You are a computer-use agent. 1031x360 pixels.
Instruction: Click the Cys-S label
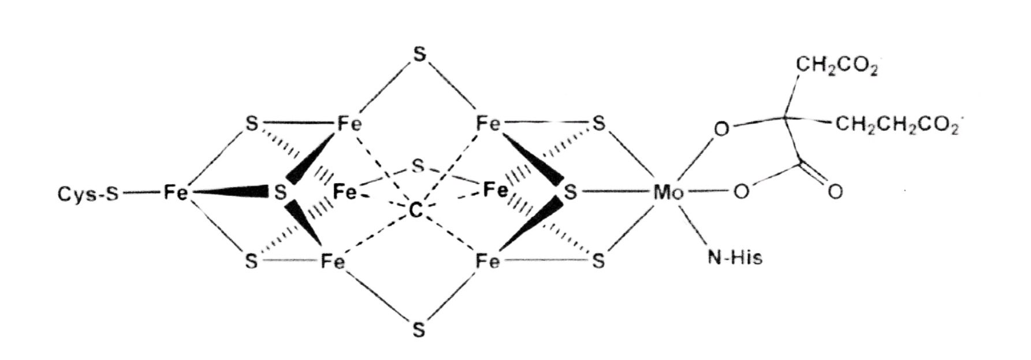[x=88, y=194]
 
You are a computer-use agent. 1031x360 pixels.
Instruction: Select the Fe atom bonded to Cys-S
[x=175, y=192]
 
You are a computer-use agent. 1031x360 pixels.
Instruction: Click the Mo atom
[x=668, y=193]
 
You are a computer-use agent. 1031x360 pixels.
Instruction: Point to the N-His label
[x=735, y=257]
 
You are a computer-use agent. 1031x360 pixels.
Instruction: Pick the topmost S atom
[x=419, y=55]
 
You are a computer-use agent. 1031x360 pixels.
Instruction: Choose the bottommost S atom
[x=419, y=331]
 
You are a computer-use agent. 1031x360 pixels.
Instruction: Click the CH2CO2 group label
[x=837, y=66]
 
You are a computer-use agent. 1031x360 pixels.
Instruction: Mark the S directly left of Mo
[x=571, y=192]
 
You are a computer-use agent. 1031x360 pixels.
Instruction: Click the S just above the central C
[x=418, y=167]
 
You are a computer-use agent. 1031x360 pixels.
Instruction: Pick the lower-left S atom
[x=251, y=262]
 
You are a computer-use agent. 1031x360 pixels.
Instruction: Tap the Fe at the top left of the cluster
[x=349, y=124]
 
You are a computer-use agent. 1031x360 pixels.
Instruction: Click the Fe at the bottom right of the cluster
[x=487, y=262]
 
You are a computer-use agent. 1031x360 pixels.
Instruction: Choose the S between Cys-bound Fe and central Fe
[x=280, y=192]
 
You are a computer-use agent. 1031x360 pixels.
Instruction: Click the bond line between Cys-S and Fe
[x=139, y=193]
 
